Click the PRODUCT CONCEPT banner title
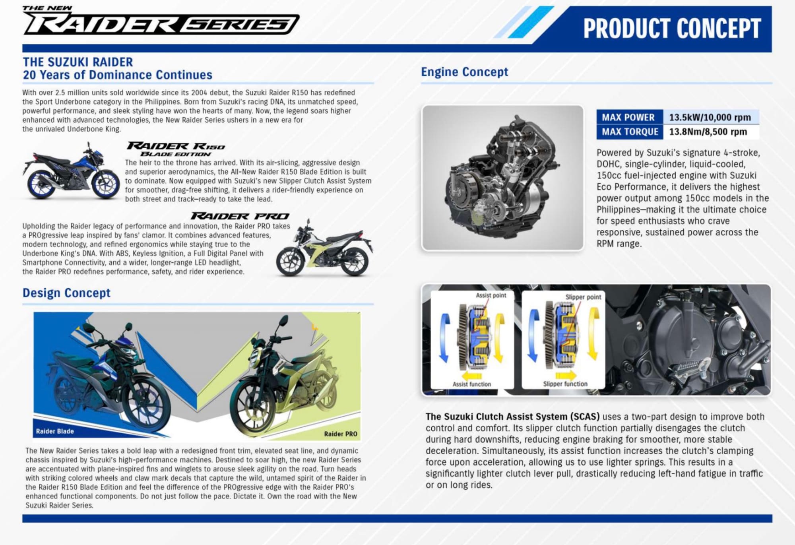[672, 28]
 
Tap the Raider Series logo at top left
[161, 21]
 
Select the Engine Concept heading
[464, 72]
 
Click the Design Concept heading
[66, 293]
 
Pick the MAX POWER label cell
[630, 117]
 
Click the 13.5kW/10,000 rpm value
[710, 117]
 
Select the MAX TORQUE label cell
[630, 132]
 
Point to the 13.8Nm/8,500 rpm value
[708, 132]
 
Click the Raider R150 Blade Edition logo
[176, 149]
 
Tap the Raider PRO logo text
[240, 216]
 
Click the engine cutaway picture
[502, 178]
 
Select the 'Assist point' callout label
[491, 295]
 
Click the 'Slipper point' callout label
[583, 297]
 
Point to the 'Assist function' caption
[472, 384]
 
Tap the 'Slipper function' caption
[565, 384]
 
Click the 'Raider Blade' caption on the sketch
[55, 431]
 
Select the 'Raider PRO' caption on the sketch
[341, 434]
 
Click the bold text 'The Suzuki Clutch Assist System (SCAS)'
[512, 417]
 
